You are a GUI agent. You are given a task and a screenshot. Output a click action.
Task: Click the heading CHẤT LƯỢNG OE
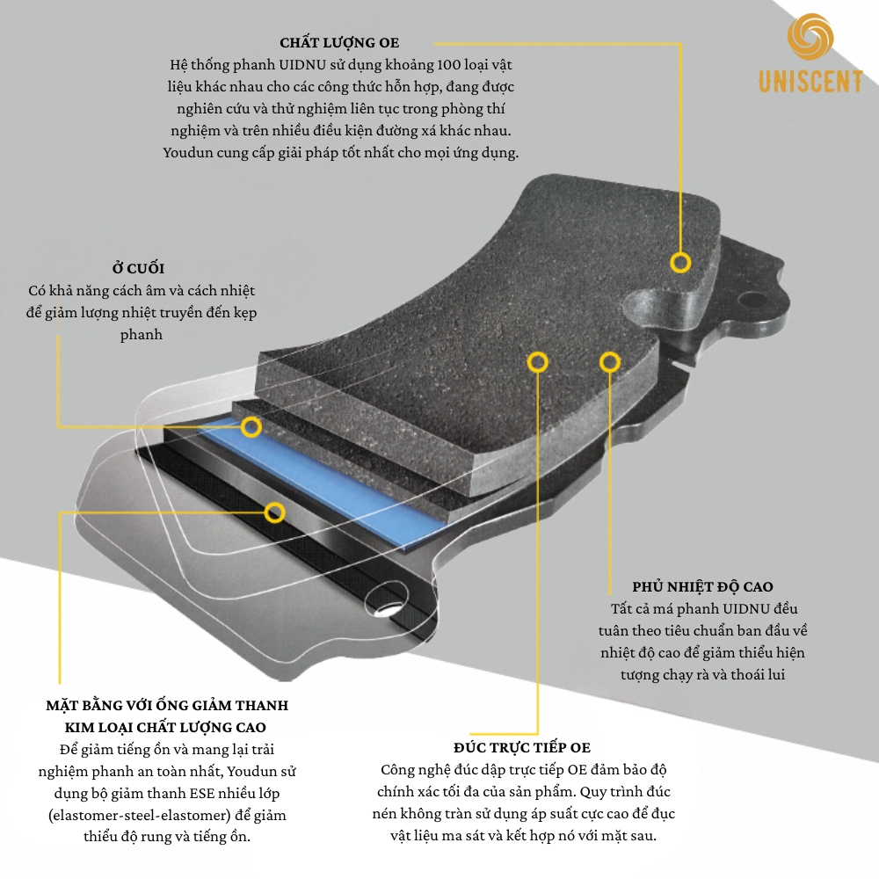[x=339, y=42]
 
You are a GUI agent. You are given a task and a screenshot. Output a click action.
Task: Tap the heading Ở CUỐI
[x=138, y=268]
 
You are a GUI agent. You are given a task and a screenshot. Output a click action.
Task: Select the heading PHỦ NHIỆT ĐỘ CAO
[x=702, y=587]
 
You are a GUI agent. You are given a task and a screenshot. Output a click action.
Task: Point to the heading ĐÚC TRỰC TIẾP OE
[x=522, y=748]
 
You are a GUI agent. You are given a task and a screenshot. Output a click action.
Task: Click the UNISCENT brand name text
[x=810, y=82]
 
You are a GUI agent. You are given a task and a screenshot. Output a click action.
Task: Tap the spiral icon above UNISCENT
[x=810, y=36]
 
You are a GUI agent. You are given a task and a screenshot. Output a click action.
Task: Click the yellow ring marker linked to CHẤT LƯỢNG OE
[x=680, y=262]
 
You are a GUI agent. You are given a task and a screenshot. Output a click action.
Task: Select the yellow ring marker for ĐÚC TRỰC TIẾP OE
[x=538, y=362]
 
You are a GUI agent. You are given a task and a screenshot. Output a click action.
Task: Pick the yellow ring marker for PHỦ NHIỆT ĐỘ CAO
[x=610, y=362]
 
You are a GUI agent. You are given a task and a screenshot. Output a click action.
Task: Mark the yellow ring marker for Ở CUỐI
[x=251, y=427]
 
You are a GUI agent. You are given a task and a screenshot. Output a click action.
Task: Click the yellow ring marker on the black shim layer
[x=274, y=512]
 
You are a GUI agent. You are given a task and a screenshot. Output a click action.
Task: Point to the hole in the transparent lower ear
[x=387, y=599]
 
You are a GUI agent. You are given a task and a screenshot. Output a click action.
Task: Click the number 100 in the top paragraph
[x=448, y=65]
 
